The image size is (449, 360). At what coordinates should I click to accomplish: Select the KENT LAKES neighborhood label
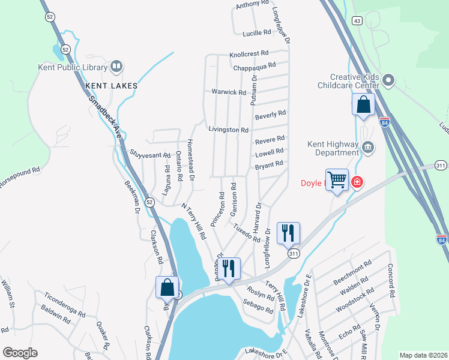tap(112, 86)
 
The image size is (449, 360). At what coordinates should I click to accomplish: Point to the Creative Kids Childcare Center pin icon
tap(389, 80)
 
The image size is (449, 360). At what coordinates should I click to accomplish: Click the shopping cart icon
tap(337, 179)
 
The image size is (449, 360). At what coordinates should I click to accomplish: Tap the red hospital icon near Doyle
tap(357, 181)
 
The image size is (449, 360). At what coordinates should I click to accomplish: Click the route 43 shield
tap(357, 21)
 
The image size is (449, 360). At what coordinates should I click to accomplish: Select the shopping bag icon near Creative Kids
tap(363, 104)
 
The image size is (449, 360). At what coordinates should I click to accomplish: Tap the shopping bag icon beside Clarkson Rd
tap(167, 287)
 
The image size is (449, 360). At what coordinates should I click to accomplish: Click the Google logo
tap(19, 352)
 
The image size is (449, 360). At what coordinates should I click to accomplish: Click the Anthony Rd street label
tap(252, 4)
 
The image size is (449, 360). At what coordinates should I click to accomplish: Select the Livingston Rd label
tap(228, 130)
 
